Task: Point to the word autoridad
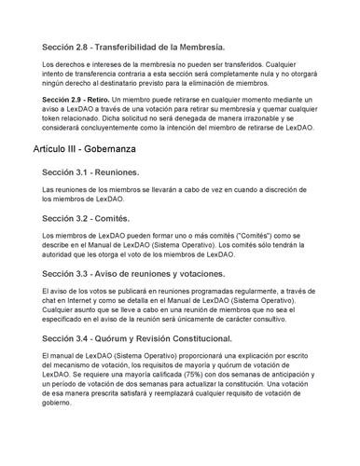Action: tap(63, 254)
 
